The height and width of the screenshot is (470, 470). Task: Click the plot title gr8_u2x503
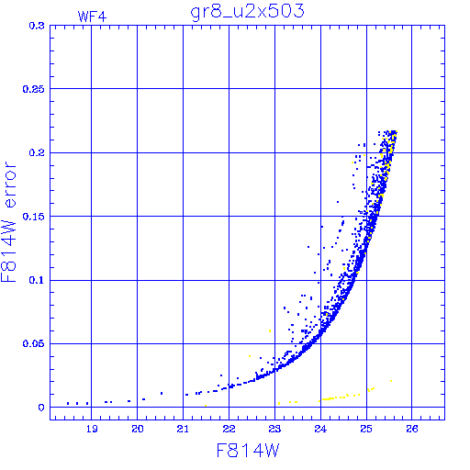click(x=247, y=12)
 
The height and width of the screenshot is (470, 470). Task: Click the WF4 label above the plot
click(x=92, y=17)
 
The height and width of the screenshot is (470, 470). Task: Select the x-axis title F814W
click(x=248, y=451)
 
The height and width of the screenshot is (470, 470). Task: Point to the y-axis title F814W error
click(x=9, y=222)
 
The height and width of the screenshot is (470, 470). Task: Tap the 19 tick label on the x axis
click(x=92, y=429)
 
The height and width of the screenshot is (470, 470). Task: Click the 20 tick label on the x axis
click(x=138, y=429)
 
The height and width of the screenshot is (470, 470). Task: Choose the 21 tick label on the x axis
click(x=183, y=429)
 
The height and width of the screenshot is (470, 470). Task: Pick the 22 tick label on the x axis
click(x=229, y=429)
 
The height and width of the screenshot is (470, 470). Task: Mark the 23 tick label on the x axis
click(x=274, y=429)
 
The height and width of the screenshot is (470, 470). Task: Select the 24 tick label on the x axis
click(x=320, y=429)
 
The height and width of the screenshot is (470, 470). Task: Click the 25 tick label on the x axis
click(x=366, y=429)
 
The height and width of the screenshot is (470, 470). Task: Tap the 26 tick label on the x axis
click(x=412, y=429)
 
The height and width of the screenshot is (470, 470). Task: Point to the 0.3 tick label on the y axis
click(x=37, y=26)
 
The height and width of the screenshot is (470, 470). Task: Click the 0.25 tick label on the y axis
click(x=34, y=89)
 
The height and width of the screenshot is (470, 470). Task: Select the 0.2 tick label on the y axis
click(x=37, y=152)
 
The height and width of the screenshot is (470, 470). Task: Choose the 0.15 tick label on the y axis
click(x=34, y=217)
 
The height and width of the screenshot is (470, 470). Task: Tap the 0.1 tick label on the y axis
click(x=37, y=280)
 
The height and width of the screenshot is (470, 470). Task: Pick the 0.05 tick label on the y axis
click(x=34, y=343)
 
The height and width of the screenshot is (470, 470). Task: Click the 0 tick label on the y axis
click(x=41, y=408)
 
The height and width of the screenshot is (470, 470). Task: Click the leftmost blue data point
click(x=68, y=403)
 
